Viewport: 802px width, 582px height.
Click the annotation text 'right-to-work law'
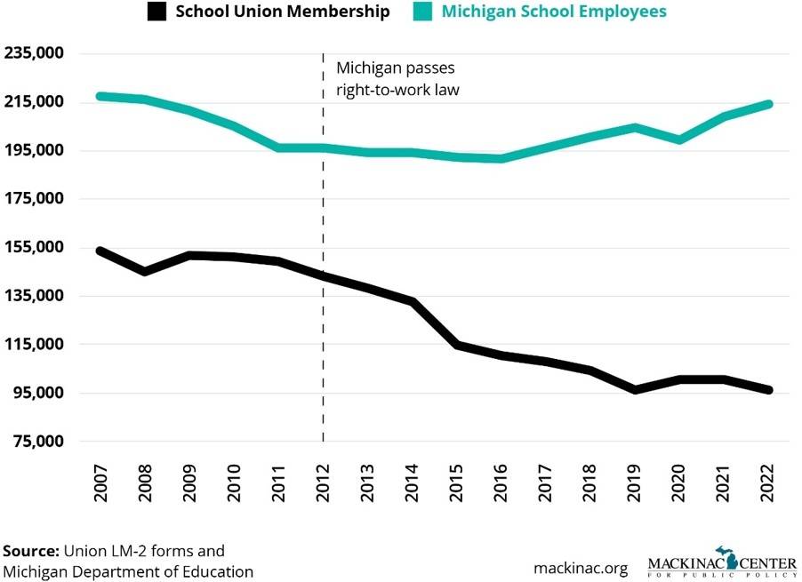[x=397, y=90]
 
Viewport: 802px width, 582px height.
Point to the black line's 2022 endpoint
[x=769, y=390]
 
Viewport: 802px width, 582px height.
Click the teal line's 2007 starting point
[x=100, y=96]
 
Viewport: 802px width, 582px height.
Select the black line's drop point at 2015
[x=457, y=345]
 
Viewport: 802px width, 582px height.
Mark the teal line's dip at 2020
[x=679, y=140]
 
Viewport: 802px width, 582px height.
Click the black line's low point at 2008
[x=145, y=271]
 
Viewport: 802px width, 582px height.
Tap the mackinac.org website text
[x=581, y=567]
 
